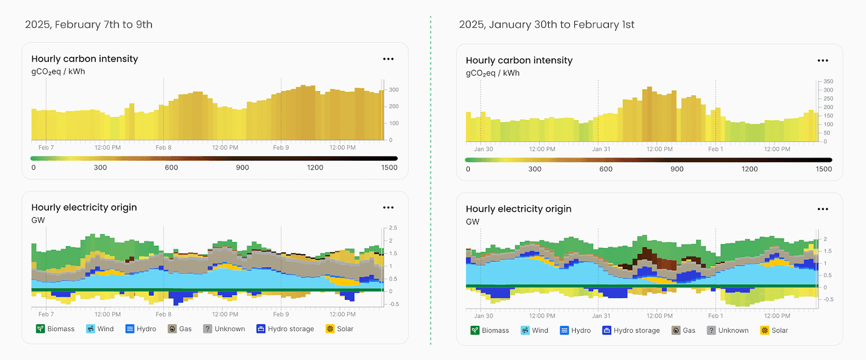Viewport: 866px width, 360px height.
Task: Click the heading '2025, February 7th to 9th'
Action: coord(89,24)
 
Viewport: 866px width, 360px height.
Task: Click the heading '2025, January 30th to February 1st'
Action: coord(546,24)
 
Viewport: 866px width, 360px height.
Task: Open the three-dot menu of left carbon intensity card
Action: coord(388,59)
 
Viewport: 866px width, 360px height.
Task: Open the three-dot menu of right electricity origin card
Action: coord(823,209)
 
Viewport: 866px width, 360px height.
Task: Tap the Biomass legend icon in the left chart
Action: coord(41,329)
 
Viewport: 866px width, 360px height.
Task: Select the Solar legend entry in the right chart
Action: coord(773,330)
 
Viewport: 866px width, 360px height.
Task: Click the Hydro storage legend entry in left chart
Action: coord(285,329)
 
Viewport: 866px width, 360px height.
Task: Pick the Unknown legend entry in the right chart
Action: coord(727,330)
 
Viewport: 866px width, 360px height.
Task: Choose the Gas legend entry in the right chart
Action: coord(683,330)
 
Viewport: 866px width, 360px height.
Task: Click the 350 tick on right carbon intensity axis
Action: coord(828,81)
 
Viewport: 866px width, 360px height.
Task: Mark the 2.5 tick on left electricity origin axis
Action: coord(393,228)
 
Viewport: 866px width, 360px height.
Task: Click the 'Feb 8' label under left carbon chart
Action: coord(163,147)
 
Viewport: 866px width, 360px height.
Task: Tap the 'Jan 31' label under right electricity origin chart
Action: coord(601,316)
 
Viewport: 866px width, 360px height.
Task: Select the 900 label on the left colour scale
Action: coord(242,167)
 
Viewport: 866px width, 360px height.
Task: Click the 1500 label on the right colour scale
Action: coord(823,169)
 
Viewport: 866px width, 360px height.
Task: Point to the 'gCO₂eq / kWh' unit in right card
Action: coord(493,73)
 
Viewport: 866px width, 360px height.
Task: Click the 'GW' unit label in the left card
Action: coord(38,220)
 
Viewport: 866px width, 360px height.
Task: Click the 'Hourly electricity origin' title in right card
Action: coord(518,209)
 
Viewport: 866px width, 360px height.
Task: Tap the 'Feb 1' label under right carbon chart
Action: coord(716,149)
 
